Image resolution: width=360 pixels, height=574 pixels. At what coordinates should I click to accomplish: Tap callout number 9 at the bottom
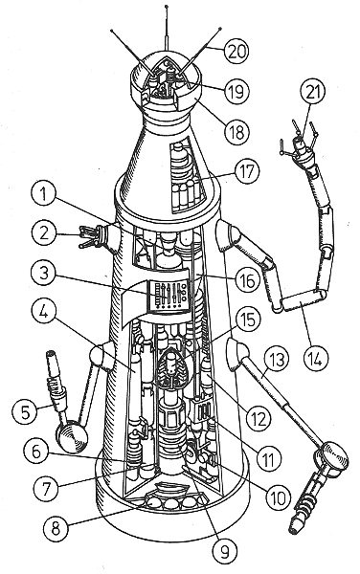click(224, 550)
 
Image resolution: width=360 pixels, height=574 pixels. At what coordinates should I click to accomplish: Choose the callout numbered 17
click(247, 171)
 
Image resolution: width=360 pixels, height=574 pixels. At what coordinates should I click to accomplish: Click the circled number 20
click(236, 51)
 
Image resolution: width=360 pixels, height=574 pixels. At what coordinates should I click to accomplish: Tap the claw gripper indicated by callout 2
click(90, 237)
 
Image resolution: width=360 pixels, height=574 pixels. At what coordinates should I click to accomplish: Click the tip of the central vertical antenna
click(167, 7)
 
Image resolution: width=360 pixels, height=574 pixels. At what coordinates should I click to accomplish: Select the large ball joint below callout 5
click(72, 437)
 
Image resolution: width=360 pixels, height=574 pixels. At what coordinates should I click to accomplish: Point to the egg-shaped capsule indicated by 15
click(171, 368)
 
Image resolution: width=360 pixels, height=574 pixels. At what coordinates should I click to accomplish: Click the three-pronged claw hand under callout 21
click(299, 143)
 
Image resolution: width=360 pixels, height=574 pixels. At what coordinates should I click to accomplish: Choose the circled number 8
click(56, 529)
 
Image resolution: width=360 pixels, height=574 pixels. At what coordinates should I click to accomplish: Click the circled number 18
click(236, 131)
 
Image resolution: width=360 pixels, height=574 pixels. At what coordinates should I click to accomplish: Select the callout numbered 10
click(278, 497)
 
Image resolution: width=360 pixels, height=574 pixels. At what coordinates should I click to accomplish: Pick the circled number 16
click(248, 280)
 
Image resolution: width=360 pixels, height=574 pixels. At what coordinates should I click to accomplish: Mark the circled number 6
click(36, 453)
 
